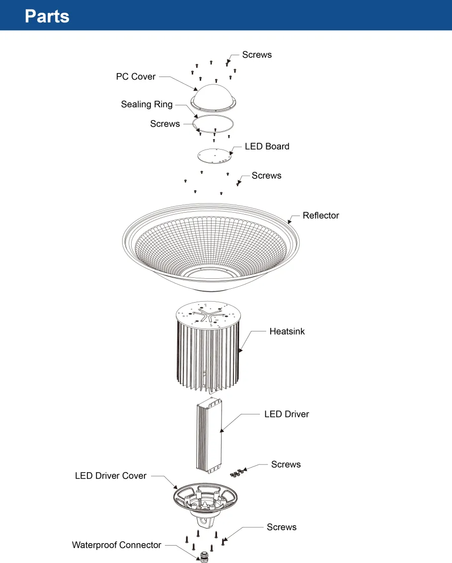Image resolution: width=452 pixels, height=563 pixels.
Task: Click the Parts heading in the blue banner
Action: click(x=47, y=16)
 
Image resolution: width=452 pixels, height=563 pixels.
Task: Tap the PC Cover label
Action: click(x=136, y=77)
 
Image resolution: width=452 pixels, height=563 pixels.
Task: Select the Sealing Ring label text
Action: click(x=147, y=104)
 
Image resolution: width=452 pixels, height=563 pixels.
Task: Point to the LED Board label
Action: click(x=267, y=147)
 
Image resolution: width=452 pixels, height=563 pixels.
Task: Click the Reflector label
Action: click(x=320, y=216)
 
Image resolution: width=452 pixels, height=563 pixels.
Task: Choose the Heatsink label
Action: click(x=287, y=331)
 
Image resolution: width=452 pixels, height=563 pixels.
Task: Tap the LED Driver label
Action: click(x=286, y=414)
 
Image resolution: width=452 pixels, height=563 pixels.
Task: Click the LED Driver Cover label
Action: click(x=111, y=476)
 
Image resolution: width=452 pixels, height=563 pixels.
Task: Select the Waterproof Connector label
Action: click(x=116, y=545)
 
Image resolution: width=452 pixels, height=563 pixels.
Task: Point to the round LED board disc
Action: click(x=214, y=156)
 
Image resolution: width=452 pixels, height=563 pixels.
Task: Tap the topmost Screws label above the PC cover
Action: click(x=257, y=55)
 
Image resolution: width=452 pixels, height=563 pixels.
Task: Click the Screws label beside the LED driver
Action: click(x=286, y=465)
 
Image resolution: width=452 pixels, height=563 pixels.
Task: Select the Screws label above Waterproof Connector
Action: click(x=281, y=527)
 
